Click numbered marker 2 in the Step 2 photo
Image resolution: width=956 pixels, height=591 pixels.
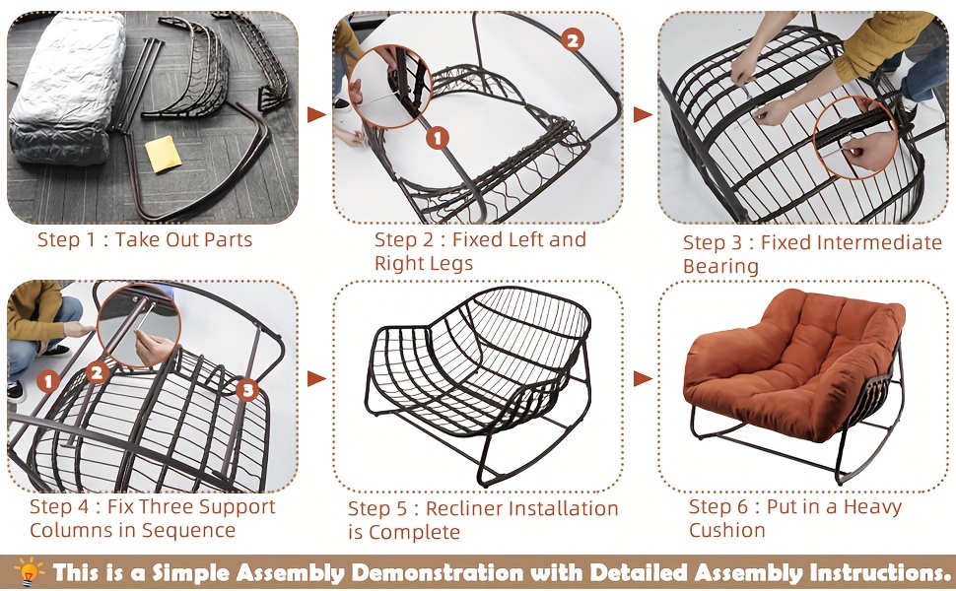tap(574, 40)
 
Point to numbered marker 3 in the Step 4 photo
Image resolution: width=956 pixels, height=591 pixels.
tap(247, 391)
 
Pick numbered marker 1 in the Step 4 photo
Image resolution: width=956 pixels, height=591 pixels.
tap(46, 379)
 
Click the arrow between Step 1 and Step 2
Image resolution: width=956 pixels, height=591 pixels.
tap(316, 115)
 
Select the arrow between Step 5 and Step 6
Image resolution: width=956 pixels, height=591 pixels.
tap(643, 378)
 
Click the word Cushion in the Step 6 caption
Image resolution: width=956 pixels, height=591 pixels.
tap(727, 530)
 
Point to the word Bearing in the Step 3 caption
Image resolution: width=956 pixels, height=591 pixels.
tap(720, 266)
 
